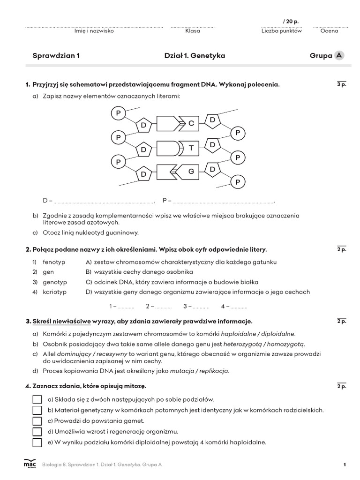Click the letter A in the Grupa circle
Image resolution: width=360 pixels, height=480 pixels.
(338, 55)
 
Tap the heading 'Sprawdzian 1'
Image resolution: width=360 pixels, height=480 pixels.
(56, 56)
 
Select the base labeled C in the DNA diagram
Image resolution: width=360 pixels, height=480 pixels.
(191, 124)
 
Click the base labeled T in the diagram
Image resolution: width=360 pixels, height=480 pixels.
(191, 148)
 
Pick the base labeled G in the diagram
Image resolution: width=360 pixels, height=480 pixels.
(191, 172)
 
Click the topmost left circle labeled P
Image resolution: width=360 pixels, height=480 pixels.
(119, 113)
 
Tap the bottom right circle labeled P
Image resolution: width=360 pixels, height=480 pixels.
(238, 181)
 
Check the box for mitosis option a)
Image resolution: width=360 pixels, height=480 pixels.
(37, 399)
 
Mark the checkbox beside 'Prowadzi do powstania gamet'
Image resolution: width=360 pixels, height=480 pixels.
(37, 421)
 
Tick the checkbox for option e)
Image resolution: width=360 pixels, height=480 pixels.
(37, 442)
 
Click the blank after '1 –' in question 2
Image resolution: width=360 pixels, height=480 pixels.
(126, 307)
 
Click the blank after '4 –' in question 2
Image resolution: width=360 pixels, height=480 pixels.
(239, 307)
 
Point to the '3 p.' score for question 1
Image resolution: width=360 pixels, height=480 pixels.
(341, 85)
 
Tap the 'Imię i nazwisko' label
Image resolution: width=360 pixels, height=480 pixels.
(94, 31)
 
